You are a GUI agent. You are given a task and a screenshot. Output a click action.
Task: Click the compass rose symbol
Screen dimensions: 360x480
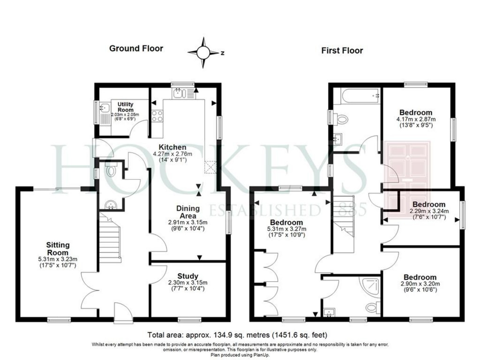point(203,52)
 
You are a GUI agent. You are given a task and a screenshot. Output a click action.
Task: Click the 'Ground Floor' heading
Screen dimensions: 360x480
point(136,48)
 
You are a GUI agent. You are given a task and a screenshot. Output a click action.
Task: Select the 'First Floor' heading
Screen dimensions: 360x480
point(342,51)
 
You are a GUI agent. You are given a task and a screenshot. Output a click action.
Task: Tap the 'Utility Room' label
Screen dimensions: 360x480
point(125,107)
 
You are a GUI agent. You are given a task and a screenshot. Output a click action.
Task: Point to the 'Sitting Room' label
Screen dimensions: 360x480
point(58,248)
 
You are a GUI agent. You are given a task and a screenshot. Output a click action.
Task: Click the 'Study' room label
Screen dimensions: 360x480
point(187,276)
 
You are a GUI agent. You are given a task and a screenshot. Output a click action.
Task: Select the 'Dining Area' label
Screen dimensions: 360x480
point(187,211)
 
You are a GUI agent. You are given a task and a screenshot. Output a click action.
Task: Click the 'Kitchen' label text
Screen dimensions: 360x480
point(172,147)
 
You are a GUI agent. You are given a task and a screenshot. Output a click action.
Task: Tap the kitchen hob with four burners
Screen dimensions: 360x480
point(157,115)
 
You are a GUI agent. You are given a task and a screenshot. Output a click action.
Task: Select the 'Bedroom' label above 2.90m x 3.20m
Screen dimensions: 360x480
point(420,277)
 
